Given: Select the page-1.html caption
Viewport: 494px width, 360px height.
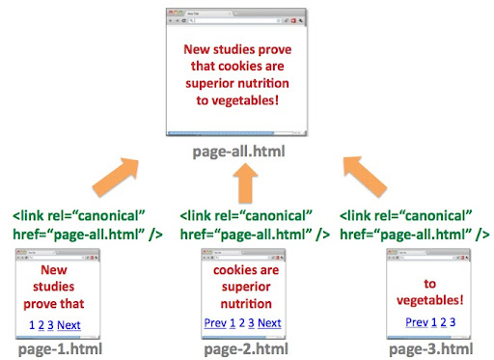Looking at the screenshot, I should tap(59, 348).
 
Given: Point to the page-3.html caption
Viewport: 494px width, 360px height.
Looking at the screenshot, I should tap(430, 348).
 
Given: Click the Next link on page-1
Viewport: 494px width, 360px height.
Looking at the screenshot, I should tap(69, 325).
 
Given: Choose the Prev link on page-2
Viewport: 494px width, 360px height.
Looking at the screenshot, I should tap(215, 323).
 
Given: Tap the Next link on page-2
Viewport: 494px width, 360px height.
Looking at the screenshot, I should tap(269, 323).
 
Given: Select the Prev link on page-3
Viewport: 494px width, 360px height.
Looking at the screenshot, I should tap(417, 322).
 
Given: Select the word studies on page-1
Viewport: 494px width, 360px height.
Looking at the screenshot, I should tap(54, 287).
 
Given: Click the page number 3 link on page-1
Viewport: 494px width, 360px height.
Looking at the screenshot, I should tap(50, 325).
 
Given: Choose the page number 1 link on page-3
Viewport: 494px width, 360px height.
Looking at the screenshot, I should tap(434, 322).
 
